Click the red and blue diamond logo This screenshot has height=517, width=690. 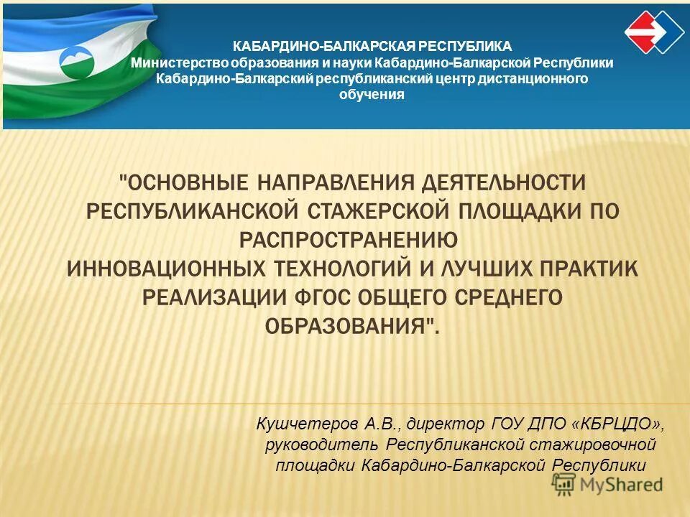pos(653,32)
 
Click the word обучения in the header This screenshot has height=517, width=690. pos(372,94)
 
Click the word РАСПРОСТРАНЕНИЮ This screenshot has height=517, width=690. pos(348,239)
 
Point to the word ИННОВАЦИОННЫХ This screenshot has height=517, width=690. pos(163,268)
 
